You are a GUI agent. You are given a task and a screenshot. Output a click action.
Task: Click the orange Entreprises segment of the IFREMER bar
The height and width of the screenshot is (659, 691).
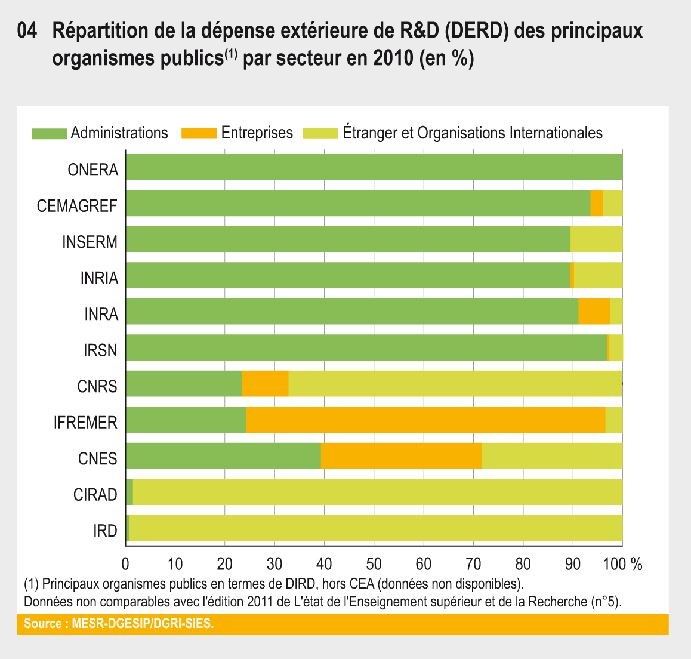pyautogui.click(x=425, y=420)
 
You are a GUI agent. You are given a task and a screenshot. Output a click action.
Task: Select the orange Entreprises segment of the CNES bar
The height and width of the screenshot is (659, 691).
pyautogui.click(x=401, y=456)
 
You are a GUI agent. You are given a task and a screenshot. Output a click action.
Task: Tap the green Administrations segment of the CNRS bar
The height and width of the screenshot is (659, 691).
pyautogui.click(x=184, y=383)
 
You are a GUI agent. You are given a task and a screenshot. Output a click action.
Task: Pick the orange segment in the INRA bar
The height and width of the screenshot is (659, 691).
pyautogui.click(x=594, y=312)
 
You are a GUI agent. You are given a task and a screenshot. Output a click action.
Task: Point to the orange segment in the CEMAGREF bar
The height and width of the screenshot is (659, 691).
pyautogui.click(x=597, y=203)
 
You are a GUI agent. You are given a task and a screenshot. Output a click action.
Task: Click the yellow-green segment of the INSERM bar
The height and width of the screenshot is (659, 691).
pyautogui.click(x=597, y=239)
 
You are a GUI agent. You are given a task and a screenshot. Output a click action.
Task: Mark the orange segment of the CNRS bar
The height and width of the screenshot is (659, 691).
pyautogui.click(x=265, y=383)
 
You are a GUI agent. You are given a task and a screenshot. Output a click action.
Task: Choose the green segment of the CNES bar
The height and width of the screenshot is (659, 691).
pyautogui.click(x=223, y=456)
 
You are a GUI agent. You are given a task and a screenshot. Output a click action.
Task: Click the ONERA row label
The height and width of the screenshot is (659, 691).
pyautogui.click(x=93, y=170)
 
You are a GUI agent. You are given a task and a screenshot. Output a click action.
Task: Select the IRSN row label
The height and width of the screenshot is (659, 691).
pyautogui.click(x=100, y=350)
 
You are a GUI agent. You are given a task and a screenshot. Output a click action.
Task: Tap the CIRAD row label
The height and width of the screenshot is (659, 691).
pyautogui.click(x=95, y=495)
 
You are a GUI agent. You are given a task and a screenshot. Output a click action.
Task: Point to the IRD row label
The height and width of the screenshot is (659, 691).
pyautogui.click(x=105, y=531)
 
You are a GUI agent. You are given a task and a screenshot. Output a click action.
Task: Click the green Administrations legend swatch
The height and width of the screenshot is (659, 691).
pyautogui.click(x=49, y=133)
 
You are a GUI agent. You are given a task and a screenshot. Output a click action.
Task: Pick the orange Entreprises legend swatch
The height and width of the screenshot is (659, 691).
pyautogui.click(x=199, y=133)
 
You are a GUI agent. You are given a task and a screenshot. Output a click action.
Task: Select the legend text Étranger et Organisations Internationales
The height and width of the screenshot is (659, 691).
pyautogui.click(x=473, y=133)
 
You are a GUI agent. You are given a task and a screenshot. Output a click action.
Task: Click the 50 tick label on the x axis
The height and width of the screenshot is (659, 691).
pyautogui.click(x=374, y=564)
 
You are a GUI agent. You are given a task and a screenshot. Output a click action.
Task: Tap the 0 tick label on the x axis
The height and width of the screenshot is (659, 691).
pyautogui.click(x=125, y=564)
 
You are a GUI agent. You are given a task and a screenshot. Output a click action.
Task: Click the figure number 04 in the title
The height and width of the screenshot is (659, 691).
pyautogui.click(x=28, y=31)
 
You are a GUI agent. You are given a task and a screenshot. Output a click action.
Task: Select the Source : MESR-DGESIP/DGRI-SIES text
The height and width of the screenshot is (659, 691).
pyautogui.click(x=118, y=624)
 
